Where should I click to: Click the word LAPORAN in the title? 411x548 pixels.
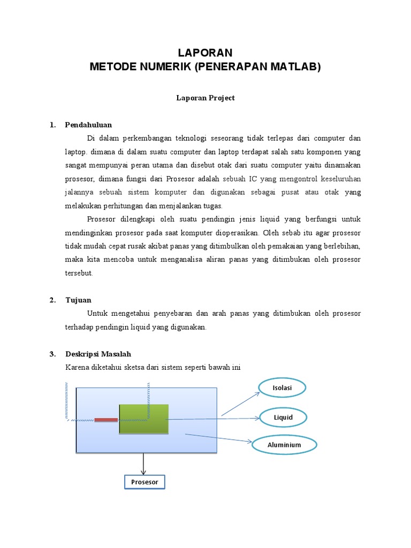tap(205, 52)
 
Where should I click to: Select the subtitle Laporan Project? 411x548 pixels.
tap(205, 98)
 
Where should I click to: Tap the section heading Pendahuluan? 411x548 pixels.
tap(88, 125)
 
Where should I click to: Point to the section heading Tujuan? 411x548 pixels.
tap(78, 300)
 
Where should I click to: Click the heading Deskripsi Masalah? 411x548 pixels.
tap(98, 354)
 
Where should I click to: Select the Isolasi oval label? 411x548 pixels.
tap(282, 388)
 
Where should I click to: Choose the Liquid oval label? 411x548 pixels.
tap(283, 417)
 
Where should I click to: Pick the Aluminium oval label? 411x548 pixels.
tap(284, 445)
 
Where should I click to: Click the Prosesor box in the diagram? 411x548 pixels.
tap(144, 482)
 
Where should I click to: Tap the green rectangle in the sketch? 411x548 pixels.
tap(143, 419)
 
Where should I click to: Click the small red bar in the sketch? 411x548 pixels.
tap(106, 420)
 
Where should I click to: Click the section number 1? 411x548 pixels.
tap(52, 125)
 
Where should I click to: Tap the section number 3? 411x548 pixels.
tap(52, 354)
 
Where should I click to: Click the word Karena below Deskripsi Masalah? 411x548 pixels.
tap(77, 368)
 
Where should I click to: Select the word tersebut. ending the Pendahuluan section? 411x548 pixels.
tap(79, 273)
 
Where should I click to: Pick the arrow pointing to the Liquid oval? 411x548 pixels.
tap(214, 419)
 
